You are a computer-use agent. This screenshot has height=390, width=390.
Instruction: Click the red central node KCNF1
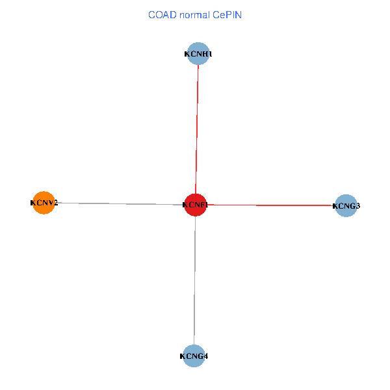click(x=195, y=205)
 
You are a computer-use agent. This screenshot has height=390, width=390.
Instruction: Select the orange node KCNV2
click(x=43, y=203)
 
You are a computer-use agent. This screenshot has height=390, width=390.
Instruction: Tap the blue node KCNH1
click(x=198, y=54)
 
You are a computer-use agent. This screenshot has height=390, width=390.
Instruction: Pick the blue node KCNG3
click(x=346, y=206)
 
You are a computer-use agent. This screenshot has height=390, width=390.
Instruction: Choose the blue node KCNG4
click(x=194, y=356)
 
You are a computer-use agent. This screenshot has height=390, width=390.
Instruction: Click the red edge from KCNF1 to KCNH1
click(x=196, y=130)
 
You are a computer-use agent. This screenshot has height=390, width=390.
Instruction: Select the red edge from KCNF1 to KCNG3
click(x=273, y=205)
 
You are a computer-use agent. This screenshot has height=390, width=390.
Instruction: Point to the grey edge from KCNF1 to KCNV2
click(x=117, y=203)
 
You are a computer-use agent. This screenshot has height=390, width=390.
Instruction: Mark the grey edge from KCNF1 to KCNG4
click(x=194, y=279)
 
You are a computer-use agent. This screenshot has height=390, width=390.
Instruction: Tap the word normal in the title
click(x=194, y=14)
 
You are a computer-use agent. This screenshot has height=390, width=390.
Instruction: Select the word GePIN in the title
click(x=227, y=14)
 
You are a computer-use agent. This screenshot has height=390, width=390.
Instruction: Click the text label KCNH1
click(x=198, y=55)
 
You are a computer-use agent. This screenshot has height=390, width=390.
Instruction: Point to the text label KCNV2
click(x=44, y=203)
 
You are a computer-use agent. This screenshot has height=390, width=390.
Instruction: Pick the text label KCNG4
click(x=194, y=356)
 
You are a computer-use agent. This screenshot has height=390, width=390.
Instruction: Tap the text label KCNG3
click(x=346, y=206)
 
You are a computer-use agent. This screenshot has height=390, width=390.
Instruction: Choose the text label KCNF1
click(x=195, y=205)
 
